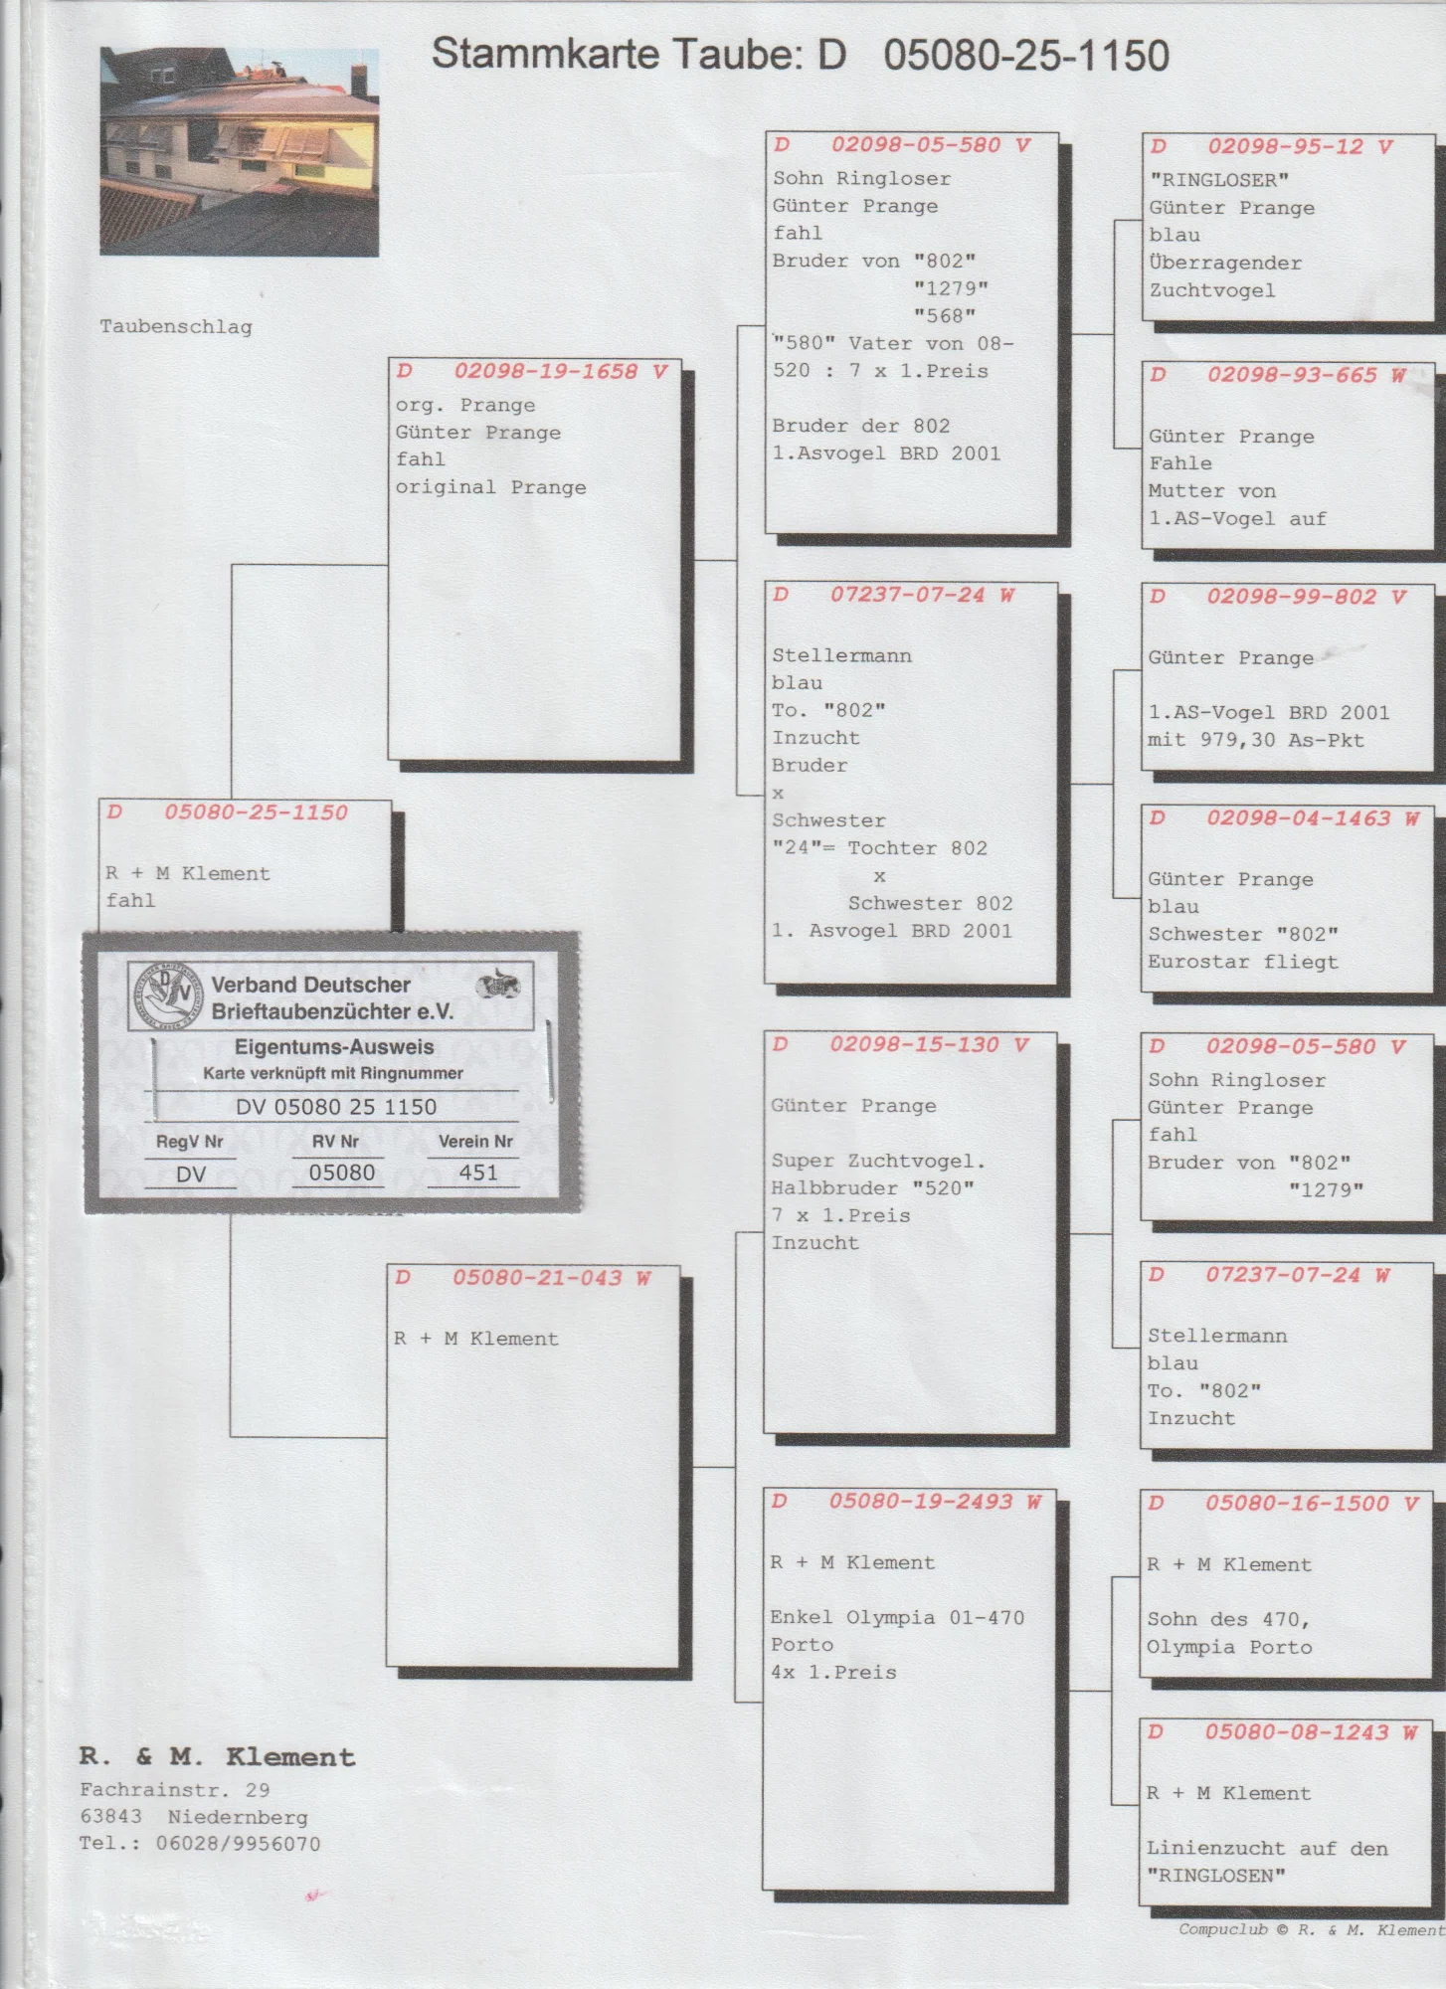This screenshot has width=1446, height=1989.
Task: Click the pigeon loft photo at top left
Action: click(239, 151)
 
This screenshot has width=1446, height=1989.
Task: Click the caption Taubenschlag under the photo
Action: click(176, 326)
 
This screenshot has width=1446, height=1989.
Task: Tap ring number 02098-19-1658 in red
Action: click(545, 371)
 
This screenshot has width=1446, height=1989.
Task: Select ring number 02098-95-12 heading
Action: click(1285, 146)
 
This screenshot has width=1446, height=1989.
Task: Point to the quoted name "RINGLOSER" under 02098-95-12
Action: click(1219, 180)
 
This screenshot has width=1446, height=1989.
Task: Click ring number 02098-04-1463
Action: click(1298, 818)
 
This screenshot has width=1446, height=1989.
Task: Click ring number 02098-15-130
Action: click(914, 1044)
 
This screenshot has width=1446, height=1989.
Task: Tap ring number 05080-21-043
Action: click(537, 1277)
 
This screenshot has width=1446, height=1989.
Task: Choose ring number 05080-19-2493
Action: click(920, 1501)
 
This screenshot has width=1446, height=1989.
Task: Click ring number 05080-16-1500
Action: click(1297, 1503)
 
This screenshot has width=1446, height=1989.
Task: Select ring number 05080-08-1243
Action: click(1296, 1731)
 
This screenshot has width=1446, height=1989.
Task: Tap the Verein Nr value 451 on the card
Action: click(477, 1173)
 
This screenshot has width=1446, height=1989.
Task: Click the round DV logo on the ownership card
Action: click(166, 996)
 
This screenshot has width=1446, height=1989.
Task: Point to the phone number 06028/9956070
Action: click(238, 1843)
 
